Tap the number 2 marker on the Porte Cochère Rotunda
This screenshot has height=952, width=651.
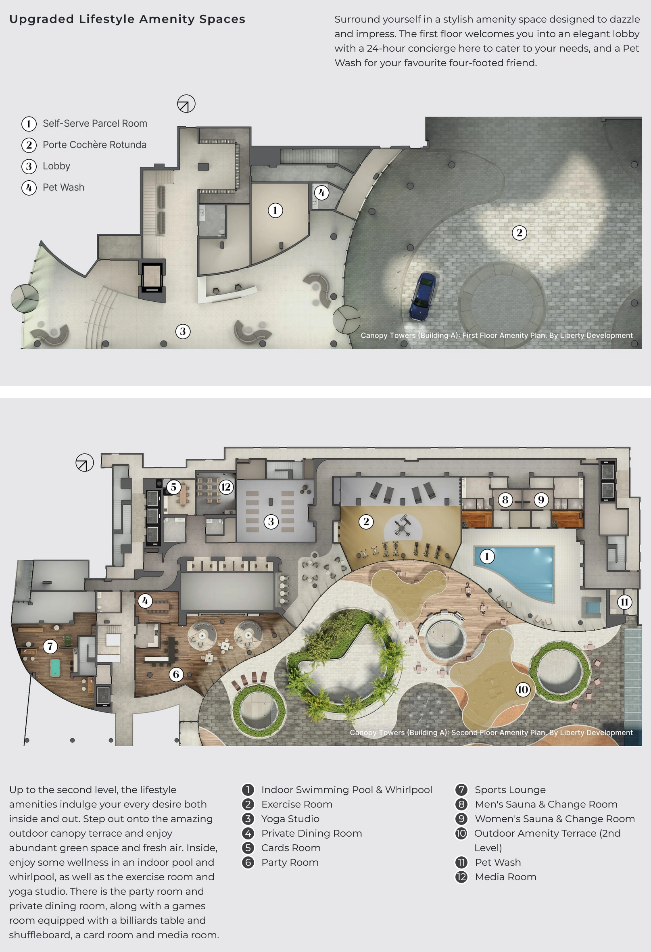[x=520, y=233]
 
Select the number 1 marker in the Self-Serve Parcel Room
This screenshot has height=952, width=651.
[x=275, y=211]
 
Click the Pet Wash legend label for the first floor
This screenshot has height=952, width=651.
[x=63, y=187]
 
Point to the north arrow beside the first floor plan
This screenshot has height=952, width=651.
[x=186, y=104]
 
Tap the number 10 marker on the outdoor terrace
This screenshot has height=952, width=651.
[x=523, y=689]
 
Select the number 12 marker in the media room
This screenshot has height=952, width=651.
[x=226, y=487]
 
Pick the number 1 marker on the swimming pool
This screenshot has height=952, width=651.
[x=487, y=556]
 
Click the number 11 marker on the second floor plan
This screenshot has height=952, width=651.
[x=624, y=602]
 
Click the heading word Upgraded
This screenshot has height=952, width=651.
[x=42, y=19]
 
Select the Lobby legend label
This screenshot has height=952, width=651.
[x=56, y=166]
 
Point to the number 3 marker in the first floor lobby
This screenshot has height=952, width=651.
[x=183, y=332]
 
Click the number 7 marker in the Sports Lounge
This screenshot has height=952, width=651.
[x=50, y=646]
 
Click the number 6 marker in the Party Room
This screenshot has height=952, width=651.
[x=176, y=674]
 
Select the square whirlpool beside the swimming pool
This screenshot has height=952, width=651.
[x=590, y=606]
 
